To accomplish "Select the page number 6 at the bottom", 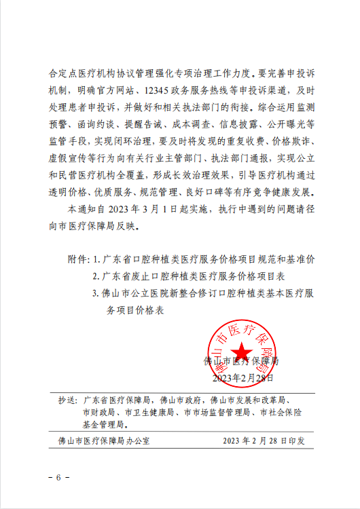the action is [x=58, y=478].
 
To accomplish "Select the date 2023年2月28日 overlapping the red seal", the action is [x=243, y=377].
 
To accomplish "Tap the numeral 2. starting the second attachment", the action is [x=96, y=276].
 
